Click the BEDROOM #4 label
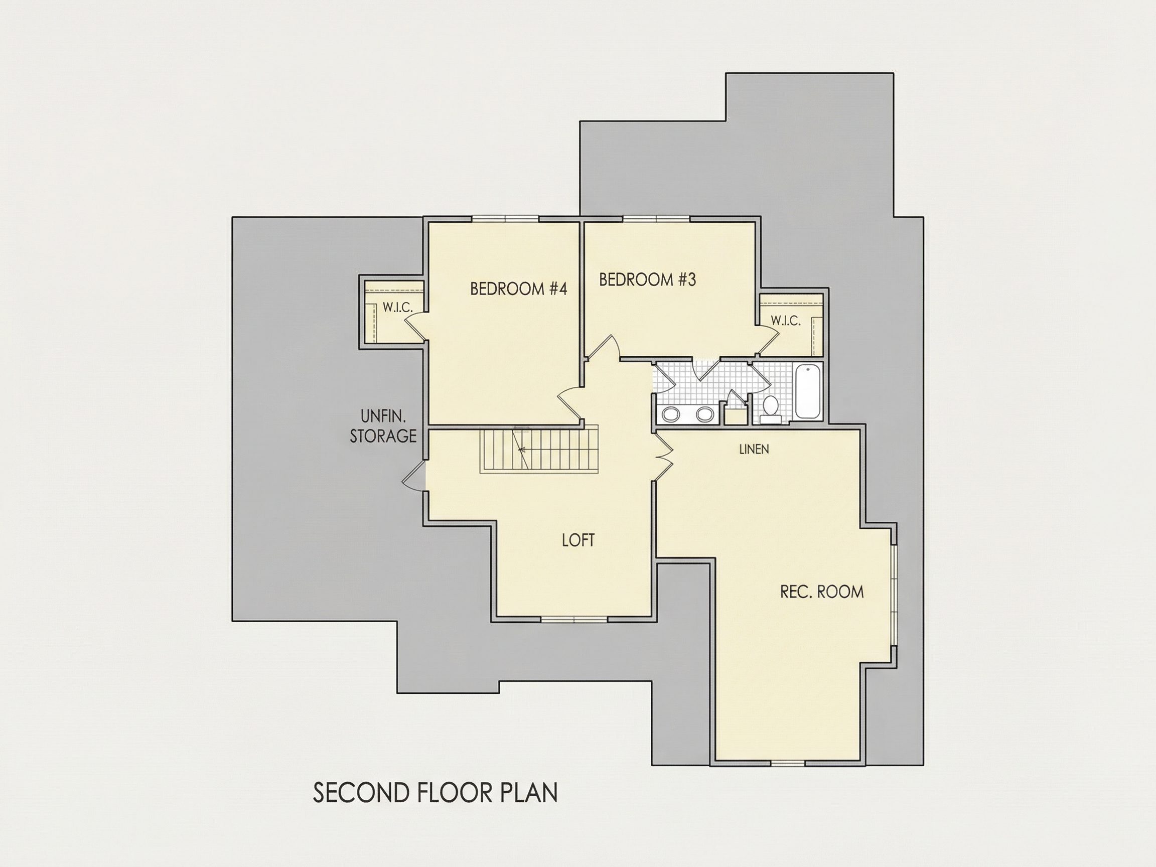(x=518, y=288)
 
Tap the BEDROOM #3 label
(x=648, y=279)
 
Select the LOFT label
(x=578, y=540)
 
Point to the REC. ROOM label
(x=821, y=592)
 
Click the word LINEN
(x=754, y=449)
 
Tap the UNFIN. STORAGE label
(x=383, y=426)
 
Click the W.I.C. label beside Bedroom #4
(x=398, y=307)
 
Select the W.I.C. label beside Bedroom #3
(x=786, y=320)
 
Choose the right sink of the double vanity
(x=704, y=415)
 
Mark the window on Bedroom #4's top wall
(x=505, y=219)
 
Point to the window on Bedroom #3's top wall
(x=656, y=219)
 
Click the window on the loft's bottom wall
(x=574, y=620)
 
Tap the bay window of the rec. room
(x=894, y=595)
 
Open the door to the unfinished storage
(x=414, y=476)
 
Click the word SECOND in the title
(x=361, y=793)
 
